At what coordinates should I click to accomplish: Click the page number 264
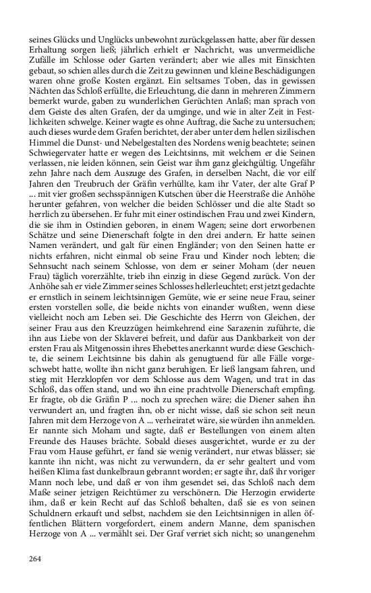click(x=36, y=558)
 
